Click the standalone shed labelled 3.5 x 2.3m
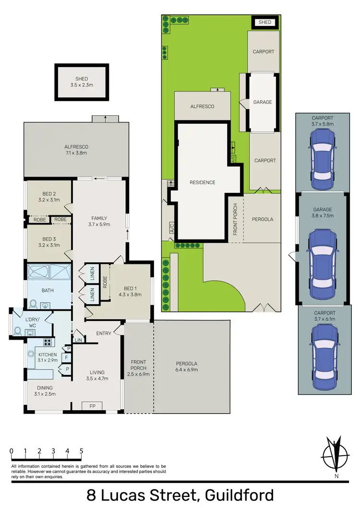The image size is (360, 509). coord(82,83)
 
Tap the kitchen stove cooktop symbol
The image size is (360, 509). coord(48,343)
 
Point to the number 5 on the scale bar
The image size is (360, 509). coord(82,451)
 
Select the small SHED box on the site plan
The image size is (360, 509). coord(264,22)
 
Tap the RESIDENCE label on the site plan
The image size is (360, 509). coord(202,182)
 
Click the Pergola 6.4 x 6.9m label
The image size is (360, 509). coord(187,367)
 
